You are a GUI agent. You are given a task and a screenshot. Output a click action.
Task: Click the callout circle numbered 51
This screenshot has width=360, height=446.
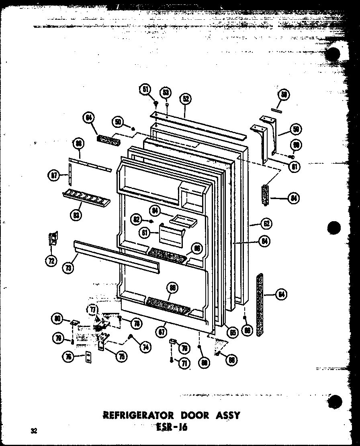click(145, 90)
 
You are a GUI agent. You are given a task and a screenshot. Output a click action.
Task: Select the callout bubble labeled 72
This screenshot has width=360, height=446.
click(51, 261)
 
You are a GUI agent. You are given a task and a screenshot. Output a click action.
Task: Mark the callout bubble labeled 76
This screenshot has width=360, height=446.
click(70, 356)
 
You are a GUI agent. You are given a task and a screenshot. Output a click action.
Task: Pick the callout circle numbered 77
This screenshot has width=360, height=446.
click(93, 309)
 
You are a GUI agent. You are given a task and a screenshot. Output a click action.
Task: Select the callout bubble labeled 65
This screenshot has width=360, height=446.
click(232, 333)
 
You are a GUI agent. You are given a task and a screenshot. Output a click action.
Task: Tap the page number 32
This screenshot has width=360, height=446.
click(34, 431)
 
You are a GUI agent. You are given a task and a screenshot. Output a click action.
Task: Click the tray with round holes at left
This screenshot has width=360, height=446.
click(86, 198)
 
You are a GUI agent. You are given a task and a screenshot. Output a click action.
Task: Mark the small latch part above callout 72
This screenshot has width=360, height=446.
click(53, 239)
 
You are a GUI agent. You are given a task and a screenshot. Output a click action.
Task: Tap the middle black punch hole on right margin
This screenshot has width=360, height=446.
click(333, 228)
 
